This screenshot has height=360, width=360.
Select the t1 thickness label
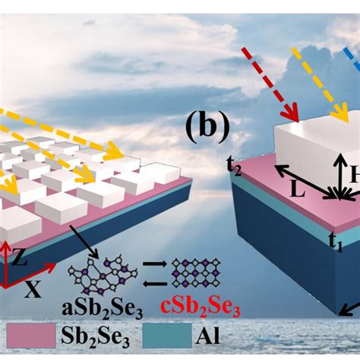334,245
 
